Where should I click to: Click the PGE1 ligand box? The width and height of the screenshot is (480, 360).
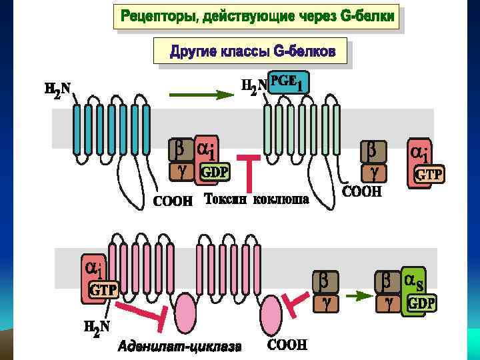click(288, 82)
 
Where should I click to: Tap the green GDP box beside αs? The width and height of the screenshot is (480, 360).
click(421, 304)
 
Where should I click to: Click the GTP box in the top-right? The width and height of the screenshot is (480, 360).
click(429, 175)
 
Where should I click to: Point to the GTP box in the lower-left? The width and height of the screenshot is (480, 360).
click(104, 291)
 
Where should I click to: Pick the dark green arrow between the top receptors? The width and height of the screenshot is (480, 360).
click(199, 95)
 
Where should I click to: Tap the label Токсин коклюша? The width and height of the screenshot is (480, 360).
click(256, 199)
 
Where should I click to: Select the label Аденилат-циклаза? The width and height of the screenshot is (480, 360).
click(180, 346)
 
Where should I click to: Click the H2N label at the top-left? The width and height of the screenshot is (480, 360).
click(57, 89)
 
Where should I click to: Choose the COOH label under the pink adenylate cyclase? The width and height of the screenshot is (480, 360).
click(287, 345)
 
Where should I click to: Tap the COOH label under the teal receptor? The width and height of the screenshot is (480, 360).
click(173, 200)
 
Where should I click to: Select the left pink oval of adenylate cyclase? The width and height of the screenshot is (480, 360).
click(186, 314)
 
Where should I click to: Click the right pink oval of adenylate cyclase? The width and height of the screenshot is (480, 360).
click(271, 313)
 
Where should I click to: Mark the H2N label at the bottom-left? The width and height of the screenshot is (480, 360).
click(97, 327)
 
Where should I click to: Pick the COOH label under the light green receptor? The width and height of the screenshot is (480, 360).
click(361, 192)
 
